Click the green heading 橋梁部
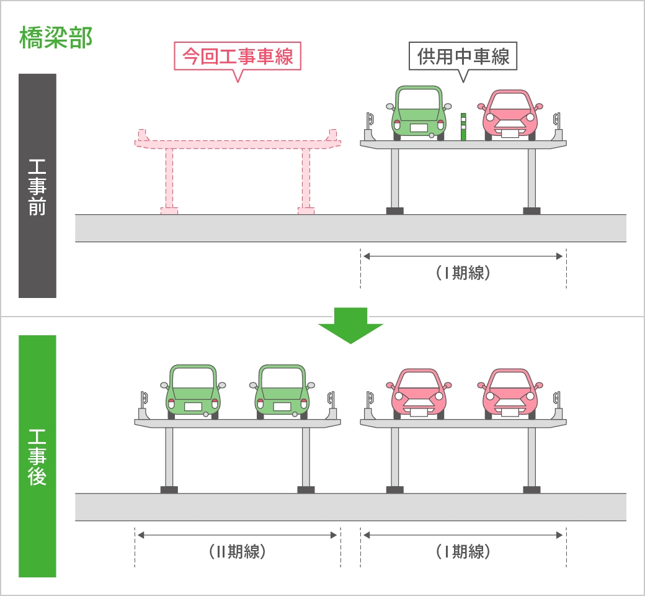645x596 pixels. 56,37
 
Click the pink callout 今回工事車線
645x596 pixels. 238,57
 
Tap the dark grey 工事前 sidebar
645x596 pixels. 37,186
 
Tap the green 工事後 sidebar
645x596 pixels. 37,456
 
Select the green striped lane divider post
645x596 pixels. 463,127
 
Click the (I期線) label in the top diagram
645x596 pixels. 463,273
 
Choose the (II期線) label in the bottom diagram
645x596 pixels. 238,551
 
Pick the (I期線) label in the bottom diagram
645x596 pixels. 463,551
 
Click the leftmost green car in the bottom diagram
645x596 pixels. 193,391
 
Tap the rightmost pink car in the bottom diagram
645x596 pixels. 509,392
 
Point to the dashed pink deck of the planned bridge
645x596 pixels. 238,143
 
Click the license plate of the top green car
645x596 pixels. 419,127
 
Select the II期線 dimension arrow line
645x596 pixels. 238,535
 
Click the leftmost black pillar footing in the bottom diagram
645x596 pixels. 169,489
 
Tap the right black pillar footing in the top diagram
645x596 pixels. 532,210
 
